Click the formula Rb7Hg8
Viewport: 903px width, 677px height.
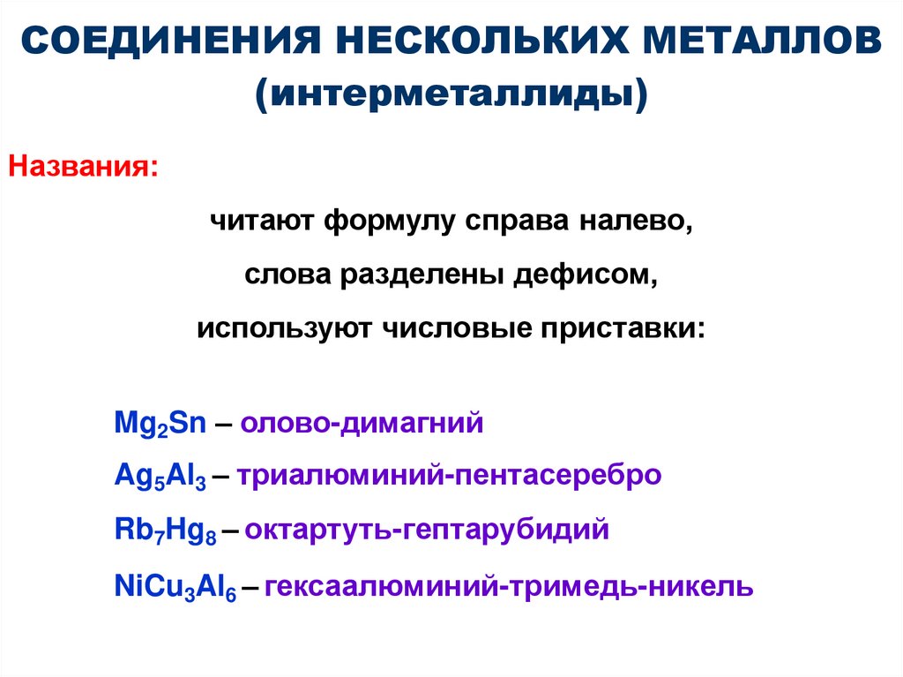(167, 531)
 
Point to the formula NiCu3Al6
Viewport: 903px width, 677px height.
(175, 586)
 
